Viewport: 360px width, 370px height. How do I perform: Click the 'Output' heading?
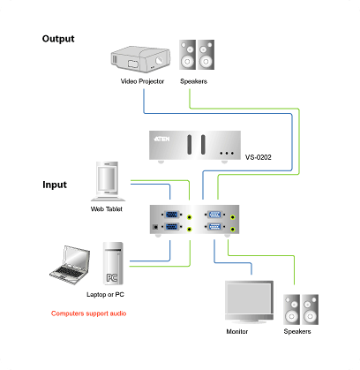[58, 39]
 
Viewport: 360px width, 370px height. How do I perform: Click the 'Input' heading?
[55, 185]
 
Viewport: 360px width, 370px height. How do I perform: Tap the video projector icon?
[140, 59]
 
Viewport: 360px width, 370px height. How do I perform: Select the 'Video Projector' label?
[142, 81]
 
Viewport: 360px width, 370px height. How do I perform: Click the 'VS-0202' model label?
[259, 157]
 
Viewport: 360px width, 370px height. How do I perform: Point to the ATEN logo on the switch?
[161, 139]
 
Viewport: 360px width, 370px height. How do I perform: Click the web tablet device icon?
[108, 181]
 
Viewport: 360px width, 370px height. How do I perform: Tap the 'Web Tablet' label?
[107, 209]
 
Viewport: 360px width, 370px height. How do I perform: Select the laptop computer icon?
[70, 265]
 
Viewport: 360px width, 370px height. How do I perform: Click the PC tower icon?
[113, 263]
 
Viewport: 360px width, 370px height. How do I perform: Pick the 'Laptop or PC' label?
[105, 294]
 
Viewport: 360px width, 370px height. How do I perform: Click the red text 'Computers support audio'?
[89, 313]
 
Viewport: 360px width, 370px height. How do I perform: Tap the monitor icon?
[249, 302]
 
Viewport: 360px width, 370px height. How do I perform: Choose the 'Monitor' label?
[237, 331]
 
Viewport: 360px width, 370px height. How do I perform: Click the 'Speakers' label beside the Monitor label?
[297, 331]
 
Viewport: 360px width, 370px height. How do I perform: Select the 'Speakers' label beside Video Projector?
[193, 81]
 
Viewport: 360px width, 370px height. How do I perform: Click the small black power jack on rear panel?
[155, 227]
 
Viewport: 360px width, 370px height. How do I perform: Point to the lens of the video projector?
[159, 60]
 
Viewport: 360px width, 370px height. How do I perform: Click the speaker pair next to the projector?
[197, 55]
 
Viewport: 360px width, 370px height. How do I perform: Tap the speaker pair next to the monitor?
[301, 309]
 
